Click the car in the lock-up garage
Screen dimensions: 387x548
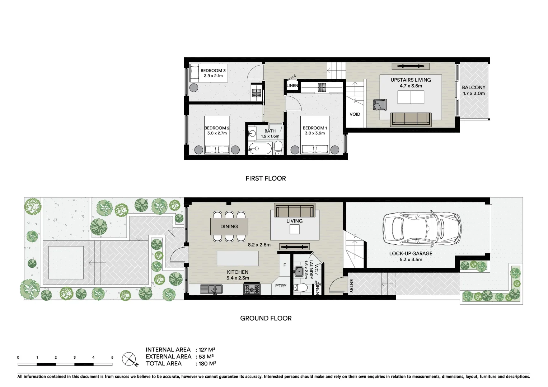pos(422,229)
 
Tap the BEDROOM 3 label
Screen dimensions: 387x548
pos(213,71)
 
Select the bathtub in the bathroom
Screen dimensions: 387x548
pos(260,148)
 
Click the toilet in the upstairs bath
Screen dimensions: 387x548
pos(278,148)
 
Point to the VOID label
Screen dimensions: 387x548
pos(355,114)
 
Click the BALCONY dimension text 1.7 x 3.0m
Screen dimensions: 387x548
pos(474,94)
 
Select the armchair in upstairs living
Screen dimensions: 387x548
pos(380,105)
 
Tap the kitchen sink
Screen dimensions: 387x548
pos(211,289)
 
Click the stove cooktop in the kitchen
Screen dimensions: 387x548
pos(252,289)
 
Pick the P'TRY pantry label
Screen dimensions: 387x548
pos(281,286)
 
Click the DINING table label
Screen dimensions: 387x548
pos(229,226)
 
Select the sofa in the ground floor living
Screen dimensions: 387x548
pos(294,210)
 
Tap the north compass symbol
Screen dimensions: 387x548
pos(130,359)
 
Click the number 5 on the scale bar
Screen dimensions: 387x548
pos(112,357)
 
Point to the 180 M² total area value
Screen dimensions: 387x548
pos(207,363)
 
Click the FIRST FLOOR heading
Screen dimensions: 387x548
pos(266,178)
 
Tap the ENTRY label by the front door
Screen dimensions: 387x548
pos(351,286)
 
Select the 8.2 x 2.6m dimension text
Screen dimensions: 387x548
pos(259,245)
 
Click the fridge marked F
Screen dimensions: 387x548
pos(285,265)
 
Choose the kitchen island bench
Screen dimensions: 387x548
pos(238,258)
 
